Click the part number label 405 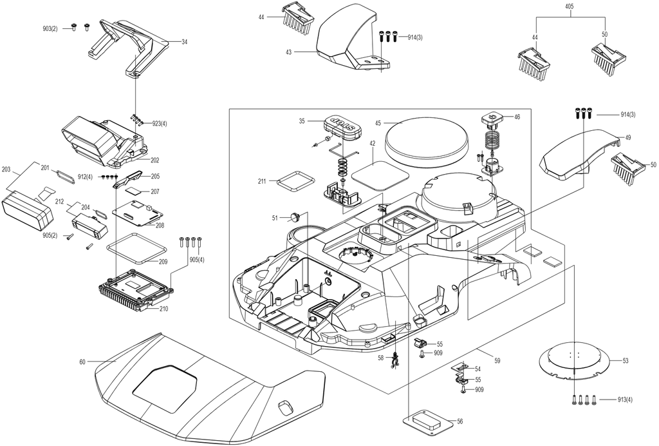(x=570, y=6)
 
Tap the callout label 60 (x=82, y=362)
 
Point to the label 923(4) (x=160, y=124)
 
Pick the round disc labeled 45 (x=427, y=141)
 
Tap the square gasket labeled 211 (x=296, y=181)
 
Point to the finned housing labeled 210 (x=135, y=291)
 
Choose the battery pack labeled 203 (x=28, y=209)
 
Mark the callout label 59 (x=497, y=360)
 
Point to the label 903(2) (x=50, y=28)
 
